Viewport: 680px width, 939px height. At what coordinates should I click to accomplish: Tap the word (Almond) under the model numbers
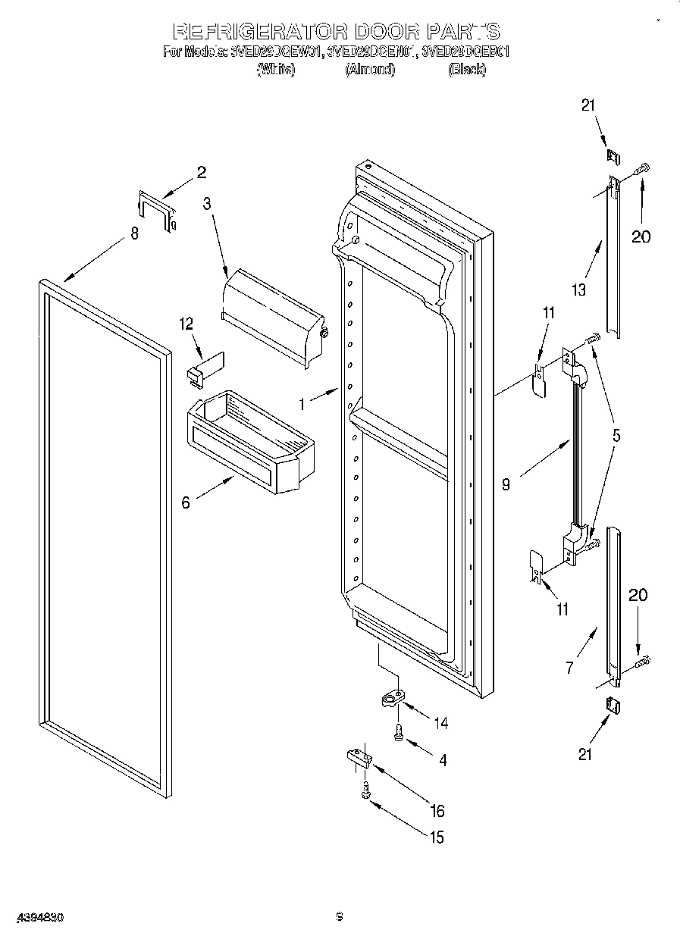(x=370, y=70)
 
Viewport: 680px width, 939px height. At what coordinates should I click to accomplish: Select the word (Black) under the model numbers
(x=466, y=70)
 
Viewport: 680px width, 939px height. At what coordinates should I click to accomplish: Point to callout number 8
(x=134, y=233)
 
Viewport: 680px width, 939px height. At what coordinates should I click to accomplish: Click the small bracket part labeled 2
(x=157, y=210)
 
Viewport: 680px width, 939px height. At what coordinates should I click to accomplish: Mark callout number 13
(x=578, y=290)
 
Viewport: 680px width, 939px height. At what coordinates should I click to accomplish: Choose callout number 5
(x=616, y=435)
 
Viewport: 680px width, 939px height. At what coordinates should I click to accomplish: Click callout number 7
(x=569, y=667)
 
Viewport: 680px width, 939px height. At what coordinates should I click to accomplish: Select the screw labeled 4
(x=397, y=731)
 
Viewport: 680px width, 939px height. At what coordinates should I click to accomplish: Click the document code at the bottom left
(x=35, y=917)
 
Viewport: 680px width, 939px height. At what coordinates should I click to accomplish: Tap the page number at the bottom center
(x=339, y=917)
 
